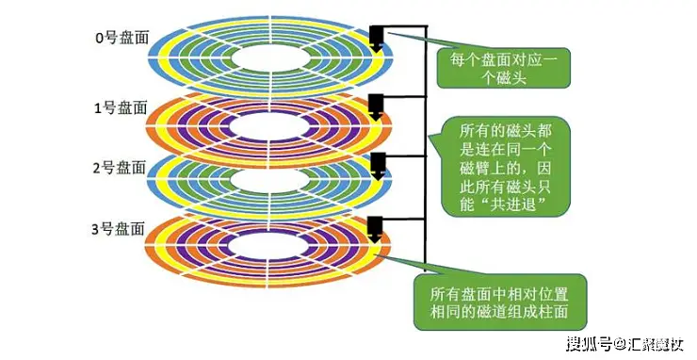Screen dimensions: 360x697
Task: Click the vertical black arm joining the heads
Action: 427,151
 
